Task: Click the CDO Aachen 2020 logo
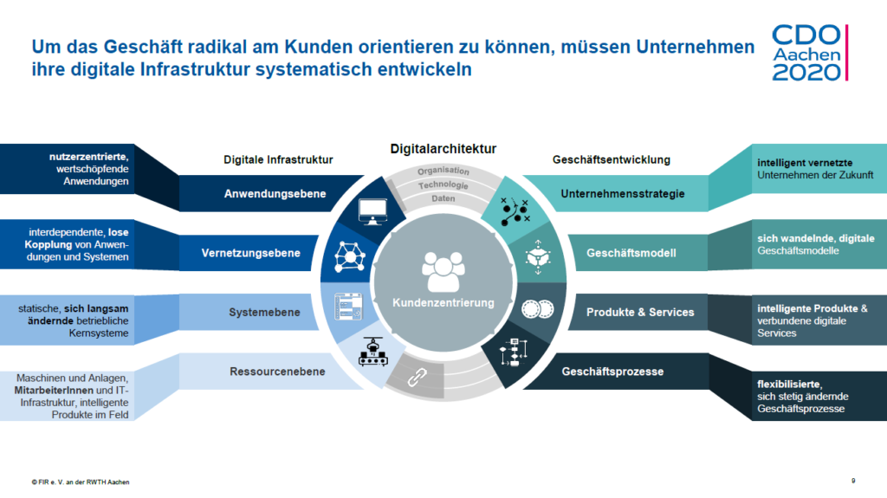coord(810,53)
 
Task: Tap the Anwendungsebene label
coord(275,193)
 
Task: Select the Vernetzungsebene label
coord(250,253)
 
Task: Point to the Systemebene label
coord(264,312)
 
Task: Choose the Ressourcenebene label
coord(277,372)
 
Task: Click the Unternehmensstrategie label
coord(622,193)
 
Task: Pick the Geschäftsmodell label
coord(631,253)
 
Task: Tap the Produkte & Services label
coord(640,312)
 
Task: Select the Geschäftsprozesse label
coord(612,372)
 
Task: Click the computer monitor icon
coord(372,211)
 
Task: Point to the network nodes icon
coord(350,257)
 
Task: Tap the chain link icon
coord(417,377)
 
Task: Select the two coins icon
coord(537,309)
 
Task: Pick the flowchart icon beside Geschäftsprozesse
coord(514,352)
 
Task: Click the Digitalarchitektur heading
coord(443,149)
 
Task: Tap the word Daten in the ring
coord(443,198)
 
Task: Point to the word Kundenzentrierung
coord(443,303)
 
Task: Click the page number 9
coord(853,481)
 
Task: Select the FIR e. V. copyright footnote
coord(81,482)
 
